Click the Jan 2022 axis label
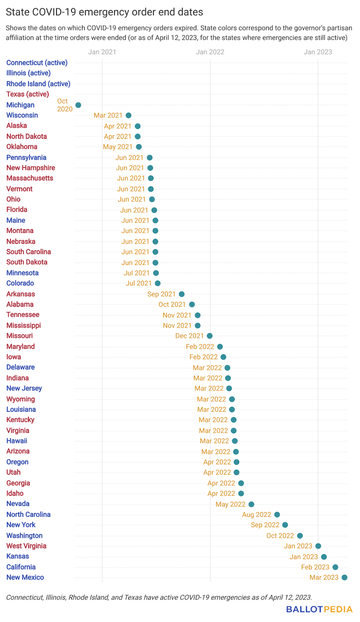pyautogui.click(x=210, y=52)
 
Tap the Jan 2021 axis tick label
pyautogui.click(x=102, y=52)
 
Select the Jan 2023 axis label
pyautogui.click(x=318, y=52)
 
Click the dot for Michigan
pyautogui.click(x=78, y=105)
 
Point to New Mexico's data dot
pyautogui.click(x=344, y=577)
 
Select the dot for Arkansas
pyautogui.click(x=182, y=294)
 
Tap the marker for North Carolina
pyautogui.click(x=277, y=515)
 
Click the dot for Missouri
pyautogui.click(x=210, y=336)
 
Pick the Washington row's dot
pyautogui.click(x=300, y=536)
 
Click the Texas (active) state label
pyautogui.click(x=28, y=94)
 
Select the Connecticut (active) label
pyautogui.click(x=37, y=63)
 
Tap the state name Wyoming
pyautogui.click(x=21, y=399)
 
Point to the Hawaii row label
pyautogui.click(x=17, y=441)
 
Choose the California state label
pyautogui.click(x=21, y=567)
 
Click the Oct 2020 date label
pyautogui.click(x=65, y=105)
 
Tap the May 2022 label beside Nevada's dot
pyautogui.click(x=231, y=504)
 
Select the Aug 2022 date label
pyautogui.click(x=257, y=515)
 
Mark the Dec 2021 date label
pyautogui.click(x=189, y=336)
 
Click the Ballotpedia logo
pyautogui.click(x=319, y=609)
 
